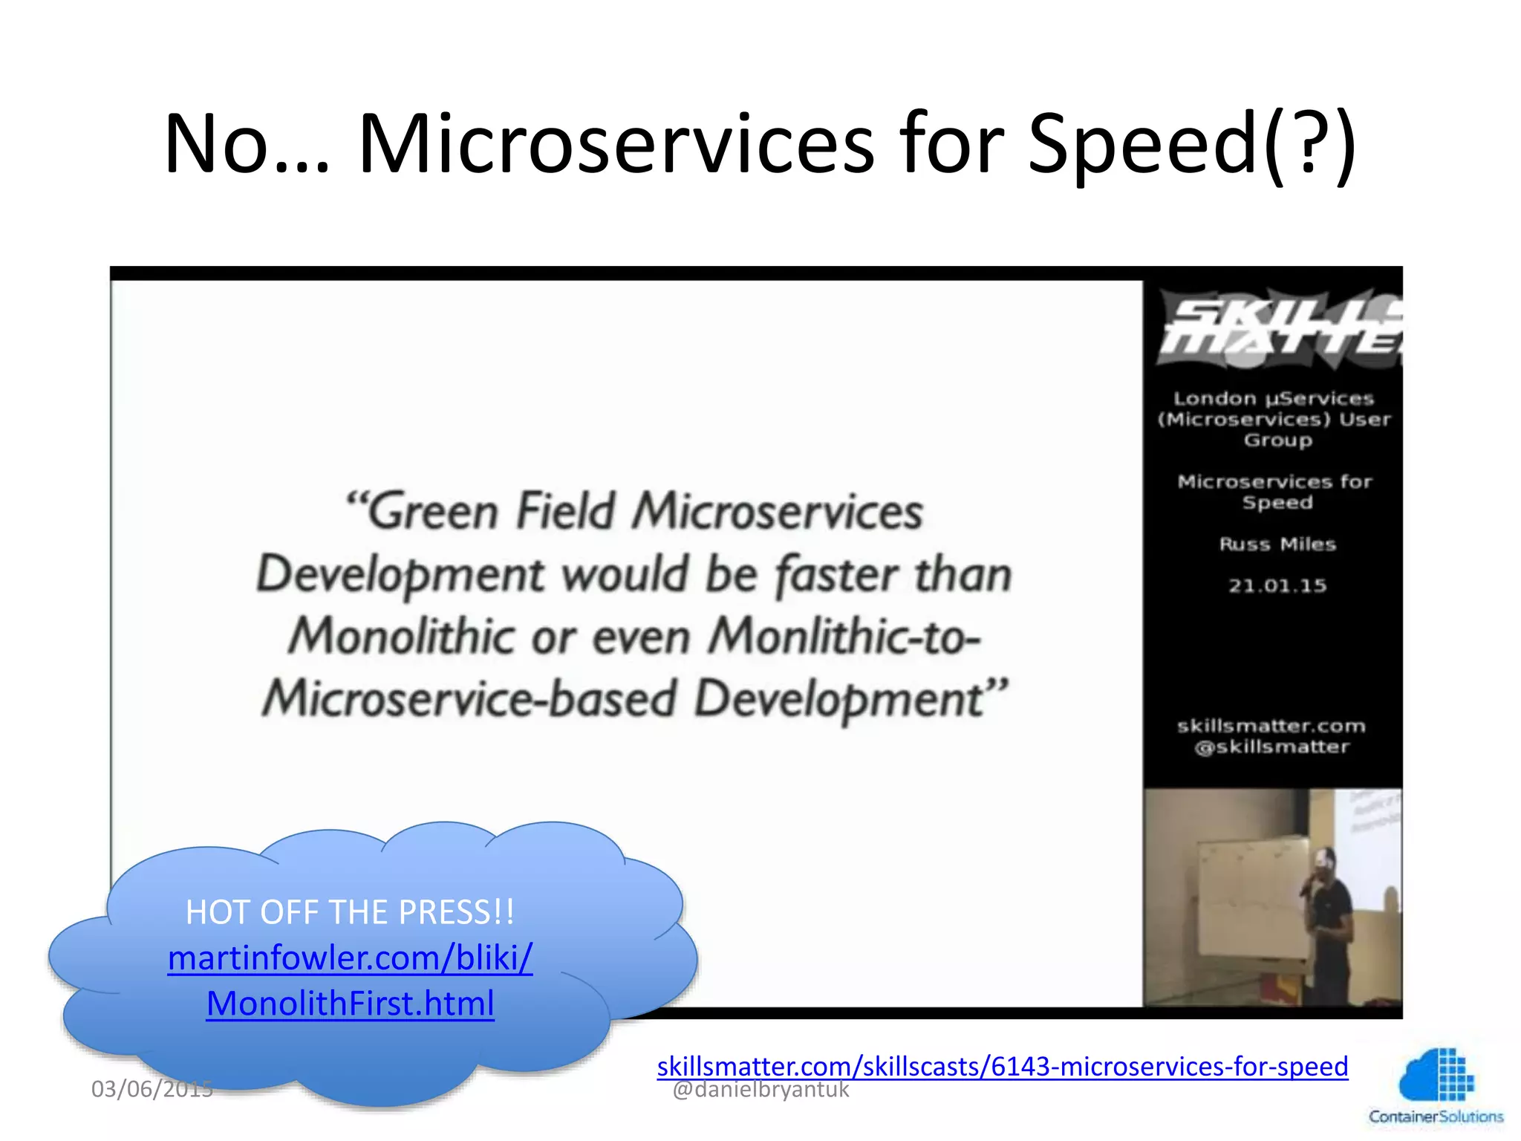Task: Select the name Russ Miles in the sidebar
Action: click(x=1277, y=545)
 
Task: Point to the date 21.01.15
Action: click(x=1277, y=586)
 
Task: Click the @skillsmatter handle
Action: click(x=1271, y=747)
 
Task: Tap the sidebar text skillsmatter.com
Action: click(x=1271, y=726)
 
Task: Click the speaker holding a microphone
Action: click(x=1329, y=921)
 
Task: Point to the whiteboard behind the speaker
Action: click(x=1248, y=899)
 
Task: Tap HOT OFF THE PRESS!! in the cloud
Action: click(x=350, y=912)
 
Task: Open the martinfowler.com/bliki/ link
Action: click(x=350, y=958)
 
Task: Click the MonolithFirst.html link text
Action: click(x=350, y=1004)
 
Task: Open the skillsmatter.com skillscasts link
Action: click(x=1002, y=1066)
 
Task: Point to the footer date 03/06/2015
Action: click(x=152, y=1089)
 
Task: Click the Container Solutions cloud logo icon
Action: click(x=1436, y=1074)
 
